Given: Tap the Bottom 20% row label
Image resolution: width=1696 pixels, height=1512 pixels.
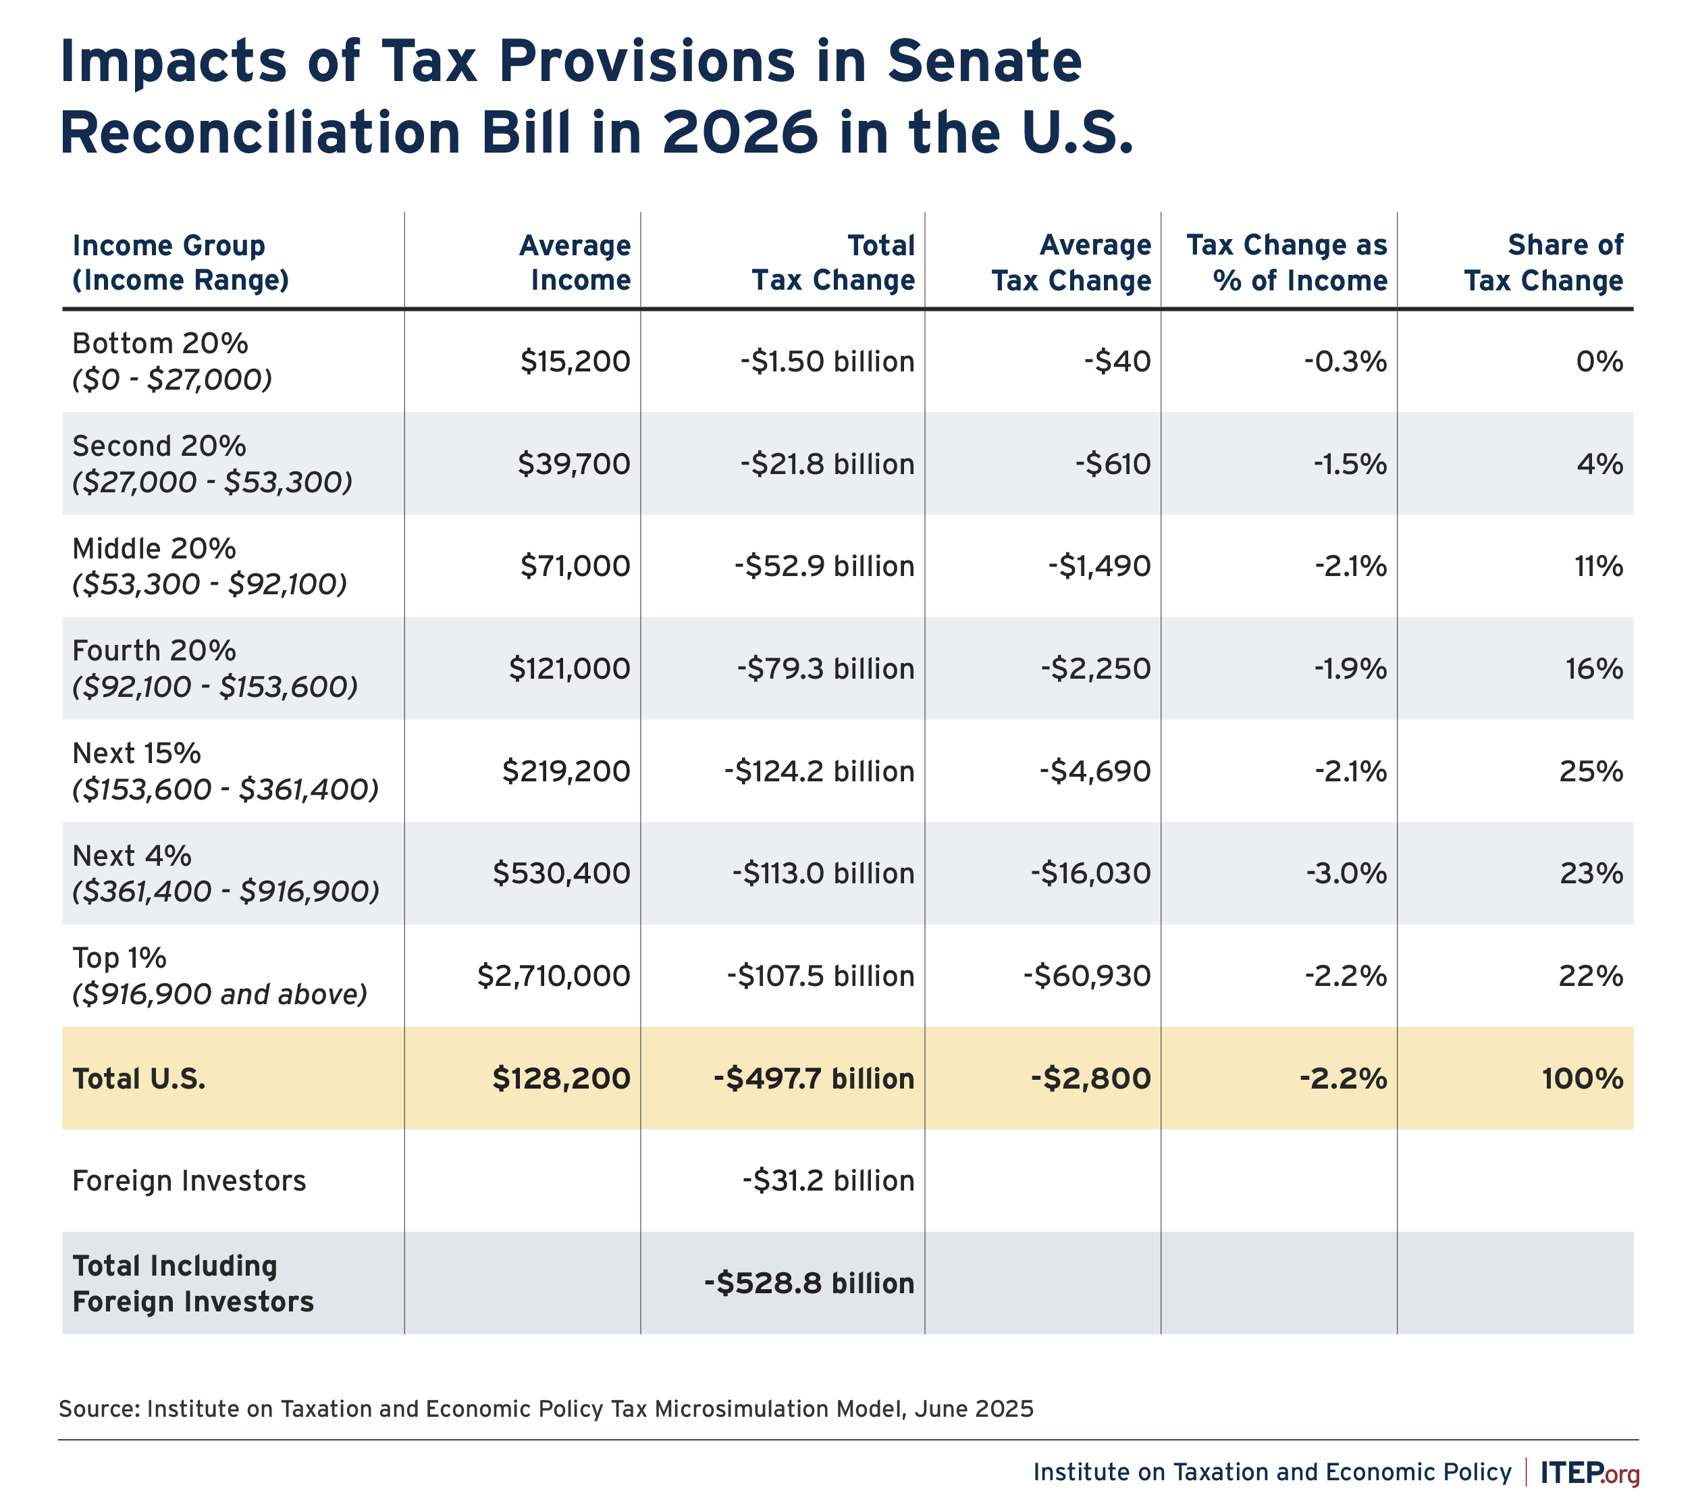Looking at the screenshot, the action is pyautogui.click(x=159, y=343).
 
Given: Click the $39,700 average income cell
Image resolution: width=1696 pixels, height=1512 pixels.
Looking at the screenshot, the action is pyautogui.click(x=574, y=463).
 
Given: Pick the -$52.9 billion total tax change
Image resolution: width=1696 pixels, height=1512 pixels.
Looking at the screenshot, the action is pyautogui.click(x=824, y=567).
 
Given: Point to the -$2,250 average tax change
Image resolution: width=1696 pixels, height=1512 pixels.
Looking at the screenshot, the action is pyautogui.click(x=1096, y=669).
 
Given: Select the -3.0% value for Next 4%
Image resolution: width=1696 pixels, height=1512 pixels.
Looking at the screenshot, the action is pyautogui.click(x=1346, y=873).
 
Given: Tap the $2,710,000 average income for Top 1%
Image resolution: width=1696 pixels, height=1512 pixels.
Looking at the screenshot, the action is pyautogui.click(x=554, y=975).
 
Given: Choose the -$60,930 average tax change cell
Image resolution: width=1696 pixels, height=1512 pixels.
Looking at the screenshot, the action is pyautogui.click(x=1087, y=975).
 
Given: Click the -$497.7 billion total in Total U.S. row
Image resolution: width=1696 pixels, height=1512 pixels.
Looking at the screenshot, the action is pyautogui.click(x=814, y=1078).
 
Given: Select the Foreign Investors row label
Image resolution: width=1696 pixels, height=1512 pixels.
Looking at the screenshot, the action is pyautogui.click(x=189, y=1180).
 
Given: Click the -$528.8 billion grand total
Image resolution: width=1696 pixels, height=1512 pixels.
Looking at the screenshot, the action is pyautogui.click(x=809, y=1284).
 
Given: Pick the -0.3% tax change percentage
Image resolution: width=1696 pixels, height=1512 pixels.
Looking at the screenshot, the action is pyautogui.click(x=1346, y=361).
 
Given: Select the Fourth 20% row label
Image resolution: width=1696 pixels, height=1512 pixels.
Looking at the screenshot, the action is pyautogui.click(x=155, y=650).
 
